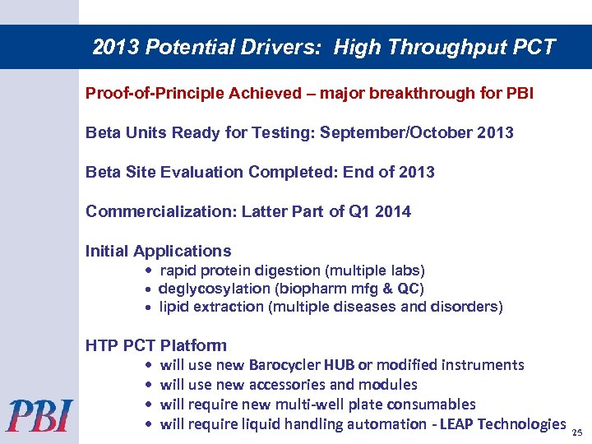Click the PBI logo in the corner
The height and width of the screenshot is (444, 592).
pyautogui.click(x=39, y=415)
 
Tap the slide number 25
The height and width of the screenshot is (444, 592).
pyautogui.click(x=576, y=432)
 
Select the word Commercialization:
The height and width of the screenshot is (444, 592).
pyautogui.click(x=161, y=211)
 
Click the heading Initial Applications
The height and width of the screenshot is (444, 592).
pyautogui.click(x=159, y=251)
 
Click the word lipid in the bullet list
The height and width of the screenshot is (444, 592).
pyautogui.click(x=175, y=307)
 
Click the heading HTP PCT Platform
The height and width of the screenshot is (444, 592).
pyautogui.click(x=156, y=345)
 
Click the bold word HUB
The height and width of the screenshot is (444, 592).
pyautogui.click(x=340, y=365)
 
